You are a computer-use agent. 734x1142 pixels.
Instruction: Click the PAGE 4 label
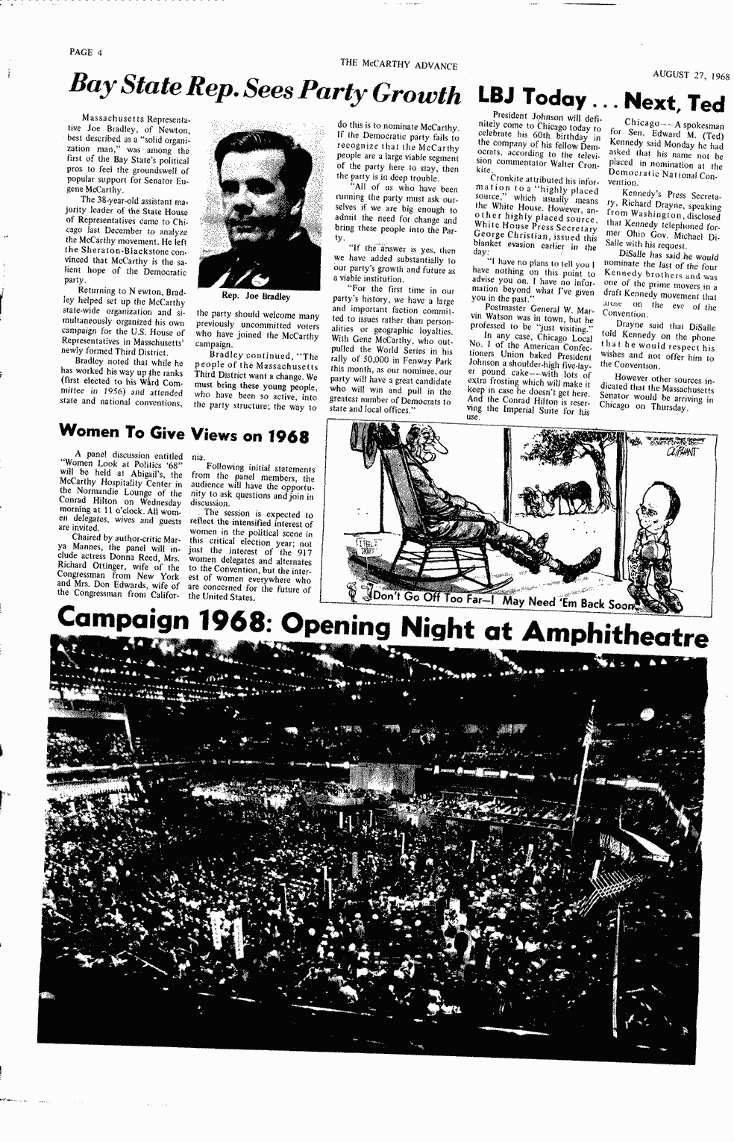pyautogui.click(x=85, y=52)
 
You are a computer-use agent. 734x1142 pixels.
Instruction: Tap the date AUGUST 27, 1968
pyautogui.click(x=691, y=75)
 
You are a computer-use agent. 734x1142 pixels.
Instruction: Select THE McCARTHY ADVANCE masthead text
pyautogui.click(x=398, y=65)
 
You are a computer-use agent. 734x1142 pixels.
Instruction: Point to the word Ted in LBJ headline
pyautogui.click(x=704, y=102)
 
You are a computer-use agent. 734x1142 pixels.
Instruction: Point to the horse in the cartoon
pyautogui.click(x=565, y=496)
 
